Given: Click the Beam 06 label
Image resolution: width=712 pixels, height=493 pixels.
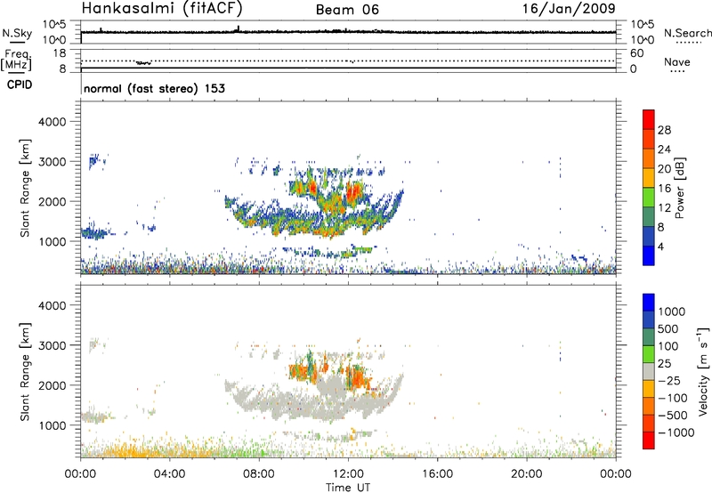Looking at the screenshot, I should pos(346,10).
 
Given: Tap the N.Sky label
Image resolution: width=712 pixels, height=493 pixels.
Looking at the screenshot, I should pos(15,32).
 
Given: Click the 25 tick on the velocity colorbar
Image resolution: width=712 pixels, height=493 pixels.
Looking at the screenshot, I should pos(667,366).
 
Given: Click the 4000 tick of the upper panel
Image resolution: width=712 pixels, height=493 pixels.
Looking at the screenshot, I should pos(53,121).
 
